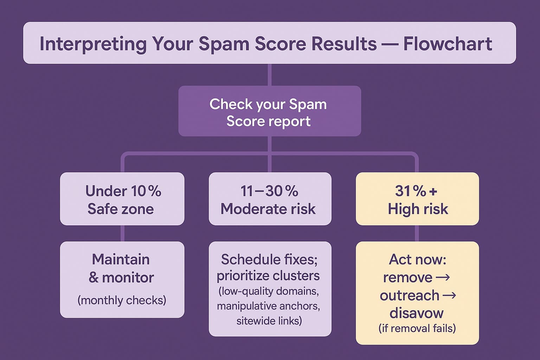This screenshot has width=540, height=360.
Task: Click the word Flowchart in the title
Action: (x=448, y=44)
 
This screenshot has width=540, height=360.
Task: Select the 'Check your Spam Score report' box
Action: (x=270, y=111)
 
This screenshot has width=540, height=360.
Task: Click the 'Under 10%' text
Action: (x=123, y=191)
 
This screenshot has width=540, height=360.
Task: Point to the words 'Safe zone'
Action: (x=121, y=209)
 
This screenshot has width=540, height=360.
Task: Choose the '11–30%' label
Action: (x=269, y=191)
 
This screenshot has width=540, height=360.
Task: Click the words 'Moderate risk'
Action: (x=268, y=209)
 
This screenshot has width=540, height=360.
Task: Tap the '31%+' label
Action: (x=416, y=191)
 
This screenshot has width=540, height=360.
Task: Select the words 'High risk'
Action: (x=418, y=209)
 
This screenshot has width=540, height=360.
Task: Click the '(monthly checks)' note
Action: (x=122, y=301)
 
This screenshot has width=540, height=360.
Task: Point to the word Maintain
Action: (x=121, y=259)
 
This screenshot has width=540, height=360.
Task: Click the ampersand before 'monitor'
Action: (x=94, y=277)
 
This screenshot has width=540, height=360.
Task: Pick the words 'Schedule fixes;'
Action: (x=269, y=259)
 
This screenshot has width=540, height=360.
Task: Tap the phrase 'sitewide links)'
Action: (x=269, y=321)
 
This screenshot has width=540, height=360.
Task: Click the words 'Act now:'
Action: (x=418, y=259)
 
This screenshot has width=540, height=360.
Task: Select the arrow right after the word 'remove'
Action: (x=443, y=277)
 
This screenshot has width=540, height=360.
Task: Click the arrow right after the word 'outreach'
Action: (x=449, y=295)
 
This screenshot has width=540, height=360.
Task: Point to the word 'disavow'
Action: (x=417, y=313)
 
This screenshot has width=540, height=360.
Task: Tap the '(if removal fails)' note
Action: (x=417, y=328)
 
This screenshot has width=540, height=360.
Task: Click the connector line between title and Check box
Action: (x=270, y=75)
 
